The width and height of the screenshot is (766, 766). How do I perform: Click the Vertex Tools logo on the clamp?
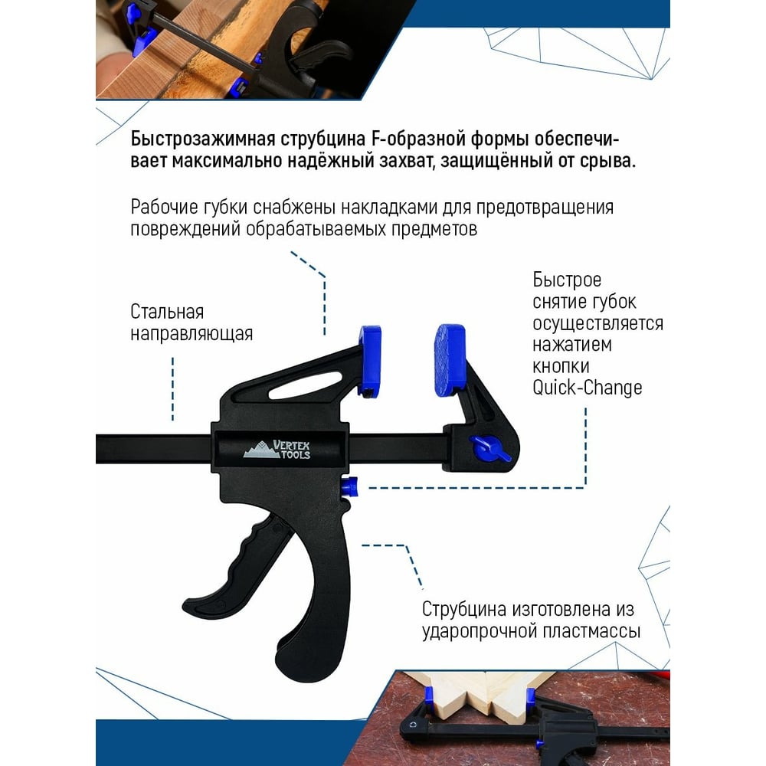pos(277,450)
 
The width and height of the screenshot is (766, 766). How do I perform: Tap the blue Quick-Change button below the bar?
pos(350,487)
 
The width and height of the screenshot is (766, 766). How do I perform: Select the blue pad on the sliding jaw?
pos(370,361)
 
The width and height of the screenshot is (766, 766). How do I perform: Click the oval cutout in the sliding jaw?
pos(304,385)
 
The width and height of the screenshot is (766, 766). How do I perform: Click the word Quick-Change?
pos(588,388)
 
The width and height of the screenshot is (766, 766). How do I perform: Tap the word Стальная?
pos(167,312)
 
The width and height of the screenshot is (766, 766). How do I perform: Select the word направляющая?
pos(191,334)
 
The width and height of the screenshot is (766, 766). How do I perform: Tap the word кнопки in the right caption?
pos(561,366)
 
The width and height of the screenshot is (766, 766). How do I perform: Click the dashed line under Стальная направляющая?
pos(173,389)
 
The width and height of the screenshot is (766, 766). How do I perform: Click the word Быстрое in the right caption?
pos(567,280)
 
